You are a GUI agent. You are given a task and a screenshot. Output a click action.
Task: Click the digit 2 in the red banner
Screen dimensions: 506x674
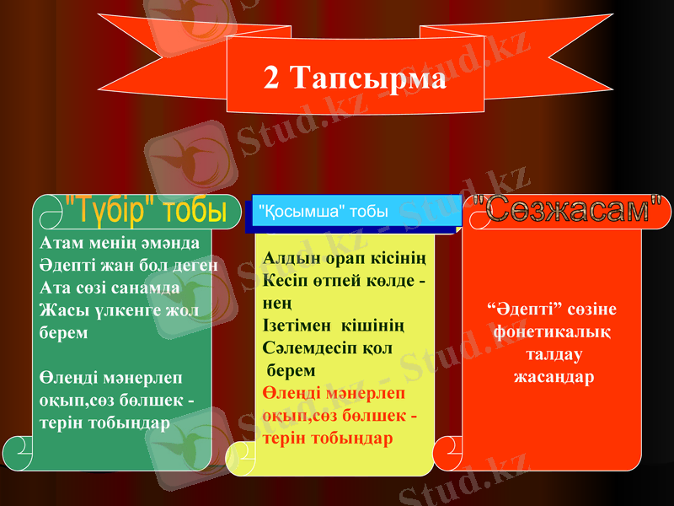point(271,78)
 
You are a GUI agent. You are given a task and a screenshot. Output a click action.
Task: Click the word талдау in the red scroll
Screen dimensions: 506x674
point(553,354)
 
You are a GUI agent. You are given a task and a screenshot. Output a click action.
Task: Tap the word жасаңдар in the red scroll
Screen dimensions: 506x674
point(554,376)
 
